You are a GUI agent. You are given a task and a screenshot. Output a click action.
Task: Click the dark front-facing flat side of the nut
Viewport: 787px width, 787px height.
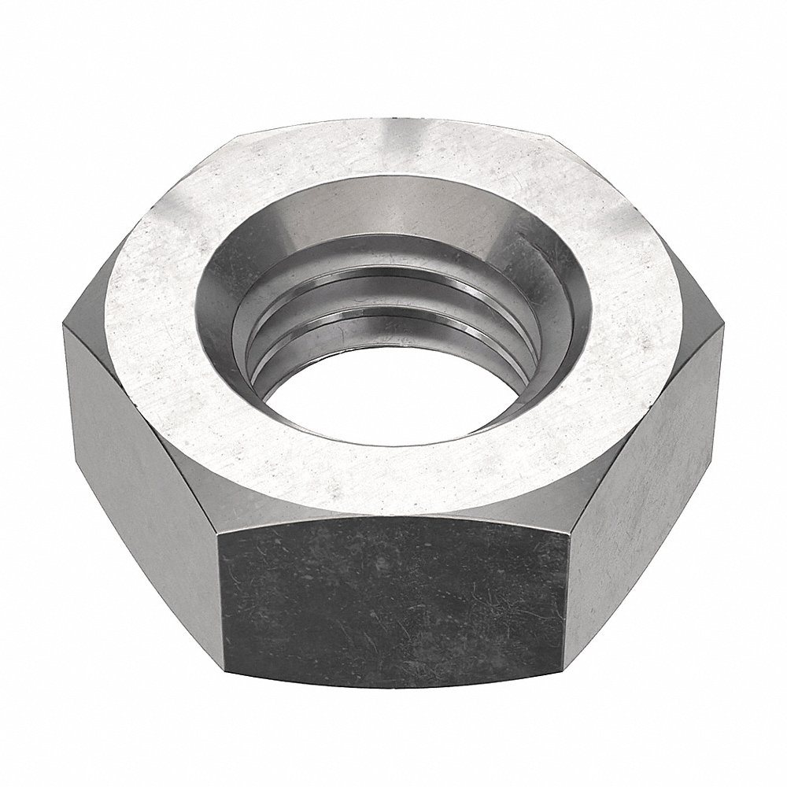pos(393,598)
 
